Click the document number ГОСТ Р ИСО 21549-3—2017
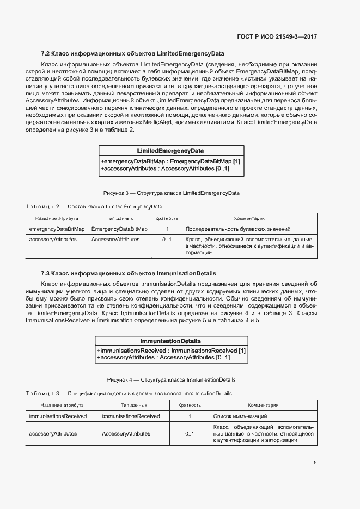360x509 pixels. coord(277,37)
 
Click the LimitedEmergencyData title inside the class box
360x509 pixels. coord(171,151)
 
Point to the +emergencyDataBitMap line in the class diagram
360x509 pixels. coord(170,161)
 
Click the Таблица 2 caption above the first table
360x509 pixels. coord(94,206)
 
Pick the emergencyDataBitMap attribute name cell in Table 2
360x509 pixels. coord(57,229)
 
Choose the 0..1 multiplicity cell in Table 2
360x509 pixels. coord(167,240)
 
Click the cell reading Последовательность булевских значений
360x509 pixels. coord(238,229)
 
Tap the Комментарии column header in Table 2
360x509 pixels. coord(249,218)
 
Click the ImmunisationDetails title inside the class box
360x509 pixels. coord(170,341)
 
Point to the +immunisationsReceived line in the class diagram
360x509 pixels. coord(171,351)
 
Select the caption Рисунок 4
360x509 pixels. coord(171,379)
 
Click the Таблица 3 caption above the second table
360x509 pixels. coord(129,393)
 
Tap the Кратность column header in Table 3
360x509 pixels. coord(190,405)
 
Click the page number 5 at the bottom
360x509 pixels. coord(315,463)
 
